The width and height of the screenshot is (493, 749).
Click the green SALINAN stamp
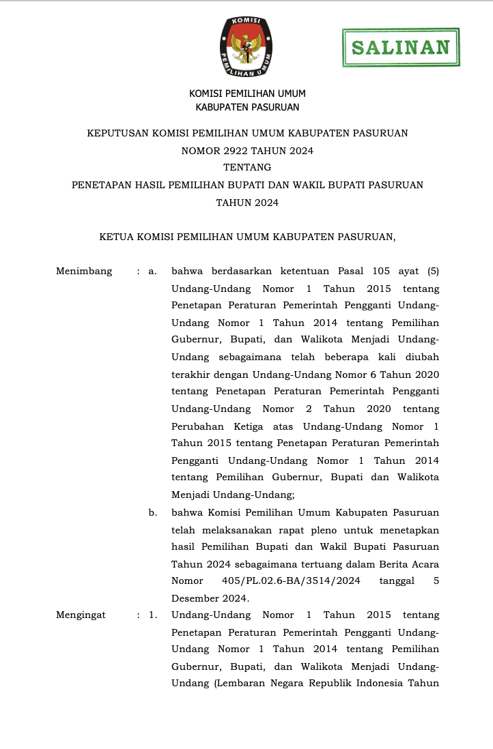tap(401, 47)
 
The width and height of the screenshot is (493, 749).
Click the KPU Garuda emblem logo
tap(246, 46)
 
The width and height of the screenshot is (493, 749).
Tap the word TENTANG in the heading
tap(247, 167)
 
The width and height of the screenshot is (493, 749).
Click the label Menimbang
tap(84, 271)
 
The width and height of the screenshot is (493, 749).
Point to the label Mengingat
tap(81, 615)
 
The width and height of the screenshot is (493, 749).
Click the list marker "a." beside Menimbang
tap(153, 271)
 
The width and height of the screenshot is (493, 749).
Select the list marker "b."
tap(153, 512)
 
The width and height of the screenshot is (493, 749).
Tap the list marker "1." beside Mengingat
tap(153, 615)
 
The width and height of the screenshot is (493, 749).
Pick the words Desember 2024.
tap(210, 598)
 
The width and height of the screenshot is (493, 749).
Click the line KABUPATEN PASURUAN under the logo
tap(247, 107)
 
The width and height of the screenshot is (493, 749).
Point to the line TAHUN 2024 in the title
tap(247, 202)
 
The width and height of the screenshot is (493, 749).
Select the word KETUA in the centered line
tap(116, 237)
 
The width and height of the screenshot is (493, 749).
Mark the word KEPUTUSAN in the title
tap(119, 133)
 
